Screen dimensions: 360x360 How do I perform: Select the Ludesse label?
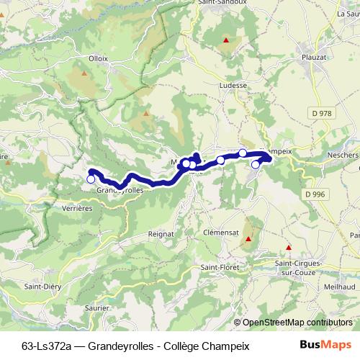pyautogui.click(x=232, y=84)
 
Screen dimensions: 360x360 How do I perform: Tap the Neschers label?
pyautogui.click(x=342, y=155)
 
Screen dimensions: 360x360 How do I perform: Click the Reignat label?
pyautogui.click(x=161, y=234)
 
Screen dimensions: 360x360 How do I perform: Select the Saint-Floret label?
pyautogui.click(x=220, y=269)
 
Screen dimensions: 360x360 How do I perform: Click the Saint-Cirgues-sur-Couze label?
pyautogui.click(x=297, y=269)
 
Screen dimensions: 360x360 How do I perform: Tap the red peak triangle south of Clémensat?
pyautogui.click(x=248, y=239)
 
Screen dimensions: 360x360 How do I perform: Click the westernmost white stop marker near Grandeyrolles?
pyautogui.click(x=91, y=179)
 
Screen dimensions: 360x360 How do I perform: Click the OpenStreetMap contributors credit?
pyautogui.click(x=297, y=323)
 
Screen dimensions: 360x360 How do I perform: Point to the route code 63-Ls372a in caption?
pyautogui.click(x=45, y=346)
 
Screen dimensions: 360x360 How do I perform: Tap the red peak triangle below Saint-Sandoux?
pyautogui.click(x=227, y=40)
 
